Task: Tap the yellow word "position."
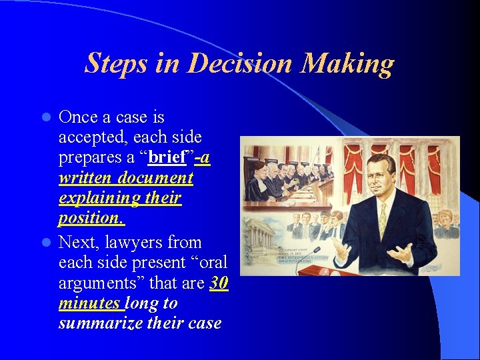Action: tap(91, 218)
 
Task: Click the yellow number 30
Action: tap(219, 283)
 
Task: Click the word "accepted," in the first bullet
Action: tap(93, 137)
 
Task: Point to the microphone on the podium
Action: tap(311, 253)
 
